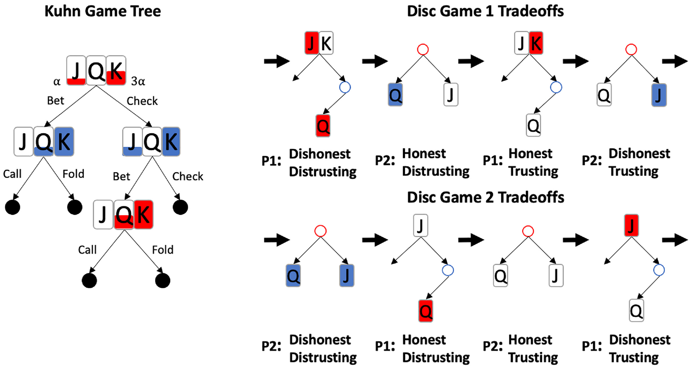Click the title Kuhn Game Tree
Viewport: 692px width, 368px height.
[103, 11]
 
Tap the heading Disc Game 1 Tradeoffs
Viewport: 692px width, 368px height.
[485, 11]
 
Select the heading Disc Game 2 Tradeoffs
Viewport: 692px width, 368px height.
[485, 197]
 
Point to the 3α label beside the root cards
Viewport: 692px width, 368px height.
[138, 81]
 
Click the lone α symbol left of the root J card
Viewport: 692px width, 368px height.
[57, 82]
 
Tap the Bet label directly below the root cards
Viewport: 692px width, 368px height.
[56, 101]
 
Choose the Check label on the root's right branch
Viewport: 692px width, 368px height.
[142, 101]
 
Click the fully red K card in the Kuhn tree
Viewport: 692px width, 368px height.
[143, 215]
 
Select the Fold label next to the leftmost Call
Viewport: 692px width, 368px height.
[73, 174]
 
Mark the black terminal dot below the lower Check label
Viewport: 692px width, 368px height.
[180, 207]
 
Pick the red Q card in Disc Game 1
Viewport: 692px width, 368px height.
[323, 125]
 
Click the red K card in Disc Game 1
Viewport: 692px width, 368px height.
[536, 43]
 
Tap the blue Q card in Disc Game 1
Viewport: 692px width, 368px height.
[395, 95]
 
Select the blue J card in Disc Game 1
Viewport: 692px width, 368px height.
[659, 95]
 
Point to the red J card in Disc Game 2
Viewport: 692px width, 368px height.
[631, 225]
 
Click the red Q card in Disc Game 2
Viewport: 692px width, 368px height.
[426, 311]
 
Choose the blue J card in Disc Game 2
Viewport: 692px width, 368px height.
[347, 276]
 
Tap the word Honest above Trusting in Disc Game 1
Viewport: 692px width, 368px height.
[530, 153]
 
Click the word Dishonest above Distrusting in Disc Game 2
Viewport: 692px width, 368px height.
[320, 340]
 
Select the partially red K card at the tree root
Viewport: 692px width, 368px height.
[116, 71]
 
